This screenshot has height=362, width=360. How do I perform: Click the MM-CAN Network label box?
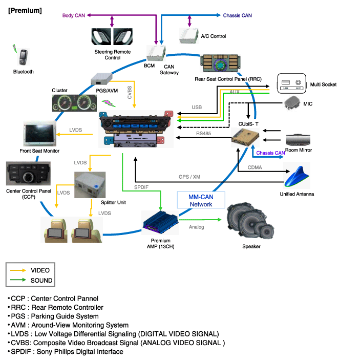click(201, 200)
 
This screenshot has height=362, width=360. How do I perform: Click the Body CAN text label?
click(74, 16)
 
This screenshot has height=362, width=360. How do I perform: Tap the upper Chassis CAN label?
click(237, 16)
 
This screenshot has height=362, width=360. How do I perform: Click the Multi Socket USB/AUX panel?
click(291, 83)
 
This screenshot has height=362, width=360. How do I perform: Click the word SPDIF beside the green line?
click(142, 187)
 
